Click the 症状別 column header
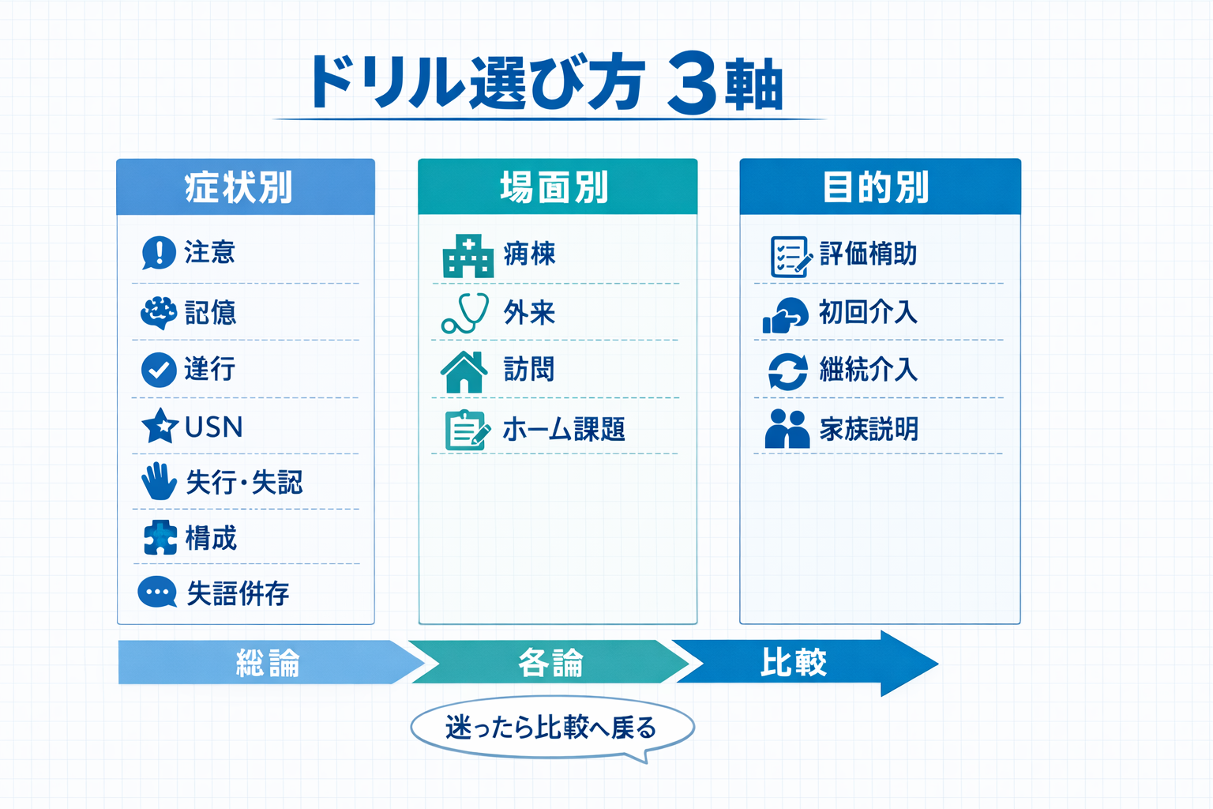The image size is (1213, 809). (x=246, y=187)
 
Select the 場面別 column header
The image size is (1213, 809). (x=557, y=187)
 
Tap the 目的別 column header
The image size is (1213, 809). (x=880, y=187)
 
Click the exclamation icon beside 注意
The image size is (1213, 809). (x=159, y=253)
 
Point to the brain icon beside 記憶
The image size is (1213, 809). (x=159, y=313)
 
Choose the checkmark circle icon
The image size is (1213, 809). (x=159, y=370)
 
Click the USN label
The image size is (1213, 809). (x=213, y=427)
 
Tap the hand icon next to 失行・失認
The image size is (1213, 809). (x=159, y=481)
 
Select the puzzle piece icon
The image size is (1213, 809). (x=160, y=538)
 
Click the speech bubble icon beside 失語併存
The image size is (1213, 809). (x=157, y=593)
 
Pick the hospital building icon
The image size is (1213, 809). (x=468, y=255)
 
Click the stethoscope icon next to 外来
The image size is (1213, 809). (x=465, y=313)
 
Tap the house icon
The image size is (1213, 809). (x=464, y=371)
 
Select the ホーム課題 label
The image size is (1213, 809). (x=564, y=430)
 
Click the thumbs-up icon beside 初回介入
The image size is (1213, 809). (x=785, y=314)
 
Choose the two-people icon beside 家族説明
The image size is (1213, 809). (x=787, y=429)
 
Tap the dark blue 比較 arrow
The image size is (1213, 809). (x=798, y=662)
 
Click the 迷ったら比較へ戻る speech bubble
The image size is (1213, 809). (x=552, y=728)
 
